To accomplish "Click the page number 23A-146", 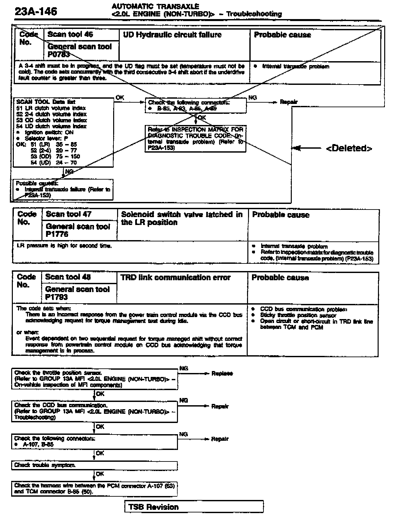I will click(36, 12).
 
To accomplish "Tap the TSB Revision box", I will click(194, 507).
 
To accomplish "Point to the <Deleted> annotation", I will click(349, 148).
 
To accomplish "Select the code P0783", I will click(59, 54).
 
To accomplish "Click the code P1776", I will click(57, 234).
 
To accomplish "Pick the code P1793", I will click(57, 297).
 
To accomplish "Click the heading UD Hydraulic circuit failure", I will click(172, 35).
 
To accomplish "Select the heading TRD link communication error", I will click(175, 278).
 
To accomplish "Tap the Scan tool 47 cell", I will click(69, 214).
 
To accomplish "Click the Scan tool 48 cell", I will click(68, 277).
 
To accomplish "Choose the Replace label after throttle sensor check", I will click(222, 374).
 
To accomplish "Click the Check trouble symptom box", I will click(94, 465).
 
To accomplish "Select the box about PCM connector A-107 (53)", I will click(94, 489).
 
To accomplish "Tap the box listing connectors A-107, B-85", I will click(94, 442).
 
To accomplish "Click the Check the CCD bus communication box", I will click(94, 411).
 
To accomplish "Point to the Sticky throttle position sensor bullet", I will click(298, 315).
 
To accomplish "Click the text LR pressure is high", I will click(64, 246).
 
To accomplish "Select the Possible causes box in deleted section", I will click(63, 189).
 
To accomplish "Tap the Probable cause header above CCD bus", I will click(280, 278).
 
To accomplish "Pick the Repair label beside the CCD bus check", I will click(220, 407).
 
